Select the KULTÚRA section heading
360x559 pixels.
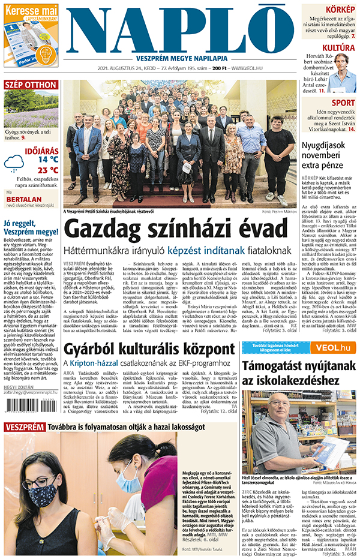(338, 48)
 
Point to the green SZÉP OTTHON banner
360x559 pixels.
(31, 85)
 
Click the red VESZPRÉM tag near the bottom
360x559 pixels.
(25, 427)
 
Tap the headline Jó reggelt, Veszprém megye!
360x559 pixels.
(31, 227)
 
